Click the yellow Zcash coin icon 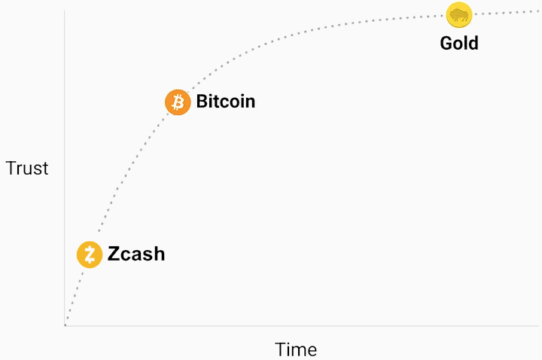pos(90,255)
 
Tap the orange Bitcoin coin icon pos(178,102)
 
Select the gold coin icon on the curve pos(458,15)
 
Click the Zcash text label pos(136,254)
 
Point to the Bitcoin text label pos(226,101)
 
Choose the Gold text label pos(459,43)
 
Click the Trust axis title pos(27,168)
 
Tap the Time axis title pos(296,349)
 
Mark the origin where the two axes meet pos(65,326)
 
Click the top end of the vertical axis pos(65,11)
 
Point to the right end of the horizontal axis pos(538,326)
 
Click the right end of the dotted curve pos(538,11)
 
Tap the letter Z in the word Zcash pos(114,254)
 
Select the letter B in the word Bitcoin pos(202,101)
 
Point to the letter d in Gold pos(473,43)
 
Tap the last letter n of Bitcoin pos(250,102)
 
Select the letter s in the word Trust pos(38,169)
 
